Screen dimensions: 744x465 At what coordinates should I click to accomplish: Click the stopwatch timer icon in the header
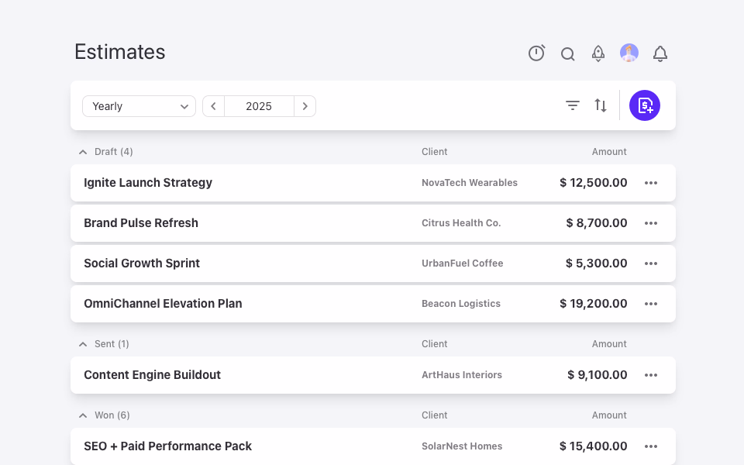[536, 53]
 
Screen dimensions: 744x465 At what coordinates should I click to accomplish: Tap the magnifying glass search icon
[567, 54]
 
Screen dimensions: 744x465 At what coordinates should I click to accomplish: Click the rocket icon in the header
[598, 53]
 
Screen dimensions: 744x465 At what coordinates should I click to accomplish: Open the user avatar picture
[629, 53]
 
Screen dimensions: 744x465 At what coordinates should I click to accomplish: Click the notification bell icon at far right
[660, 53]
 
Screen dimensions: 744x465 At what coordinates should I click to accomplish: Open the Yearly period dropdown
[139, 106]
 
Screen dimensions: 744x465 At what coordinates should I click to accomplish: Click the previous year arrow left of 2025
[214, 106]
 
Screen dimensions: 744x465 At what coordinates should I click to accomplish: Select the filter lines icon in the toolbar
[573, 105]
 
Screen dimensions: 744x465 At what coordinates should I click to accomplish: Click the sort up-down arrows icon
[601, 105]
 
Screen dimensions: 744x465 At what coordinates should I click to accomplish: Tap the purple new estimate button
[644, 105]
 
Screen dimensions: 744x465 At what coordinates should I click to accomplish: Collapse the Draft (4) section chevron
[83, 152]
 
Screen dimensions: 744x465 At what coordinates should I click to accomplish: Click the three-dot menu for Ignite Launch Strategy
[651, 183]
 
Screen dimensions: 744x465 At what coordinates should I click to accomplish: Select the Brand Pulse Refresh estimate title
[141, 223]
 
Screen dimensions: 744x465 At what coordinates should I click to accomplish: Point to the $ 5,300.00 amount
[597, 263]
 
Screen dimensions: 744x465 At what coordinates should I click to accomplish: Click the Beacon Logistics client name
[461, 304]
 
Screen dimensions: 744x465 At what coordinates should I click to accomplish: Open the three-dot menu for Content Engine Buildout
[651, 375]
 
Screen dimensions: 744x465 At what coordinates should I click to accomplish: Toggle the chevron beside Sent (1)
[83, 344]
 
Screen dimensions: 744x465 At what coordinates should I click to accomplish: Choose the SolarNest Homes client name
[462, 446]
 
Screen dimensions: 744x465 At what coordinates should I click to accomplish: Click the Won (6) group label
[112, 415]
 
